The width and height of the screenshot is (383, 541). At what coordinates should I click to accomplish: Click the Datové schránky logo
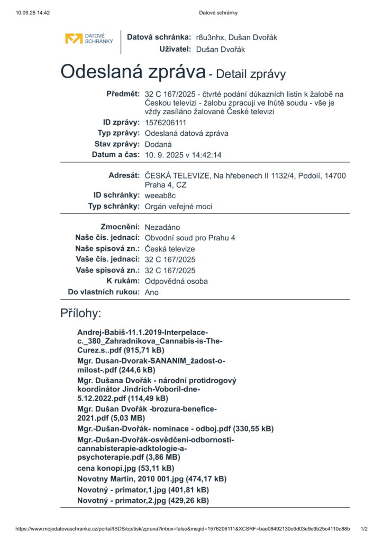click(x=89, y=39)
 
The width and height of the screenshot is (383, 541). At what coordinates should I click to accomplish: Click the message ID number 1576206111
click(x=165, y=123)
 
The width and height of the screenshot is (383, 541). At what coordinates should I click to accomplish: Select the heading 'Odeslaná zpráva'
click(x=132, y=71)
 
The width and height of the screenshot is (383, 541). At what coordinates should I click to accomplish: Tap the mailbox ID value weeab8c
click(x=160, y=195)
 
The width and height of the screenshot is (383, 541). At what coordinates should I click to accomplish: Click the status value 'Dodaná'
click(x=159, y=144)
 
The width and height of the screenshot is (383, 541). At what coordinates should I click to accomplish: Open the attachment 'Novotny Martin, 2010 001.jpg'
click(x=152, y=479)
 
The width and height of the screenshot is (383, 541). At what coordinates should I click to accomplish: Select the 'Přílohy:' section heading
click(x=80, y=313)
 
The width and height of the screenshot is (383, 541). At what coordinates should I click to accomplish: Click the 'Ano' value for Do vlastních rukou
click(x=151, y=292)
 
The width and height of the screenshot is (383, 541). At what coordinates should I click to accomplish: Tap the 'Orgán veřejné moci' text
click(x=178, y=206)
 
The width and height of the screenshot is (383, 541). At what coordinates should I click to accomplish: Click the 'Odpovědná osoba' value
click(x=176, y=281)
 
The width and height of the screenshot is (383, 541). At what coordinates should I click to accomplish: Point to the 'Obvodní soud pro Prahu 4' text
click(x=190, y=238)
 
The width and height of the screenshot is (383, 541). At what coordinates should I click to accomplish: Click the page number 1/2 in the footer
click(x=364, y=528)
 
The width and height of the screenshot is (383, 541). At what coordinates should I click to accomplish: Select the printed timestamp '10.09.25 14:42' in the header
click(x=33, y=13)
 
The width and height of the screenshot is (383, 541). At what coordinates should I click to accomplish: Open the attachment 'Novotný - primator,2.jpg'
click(x=143, y=500)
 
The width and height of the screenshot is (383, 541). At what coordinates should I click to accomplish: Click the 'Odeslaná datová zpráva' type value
click(x=187, y=133)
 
